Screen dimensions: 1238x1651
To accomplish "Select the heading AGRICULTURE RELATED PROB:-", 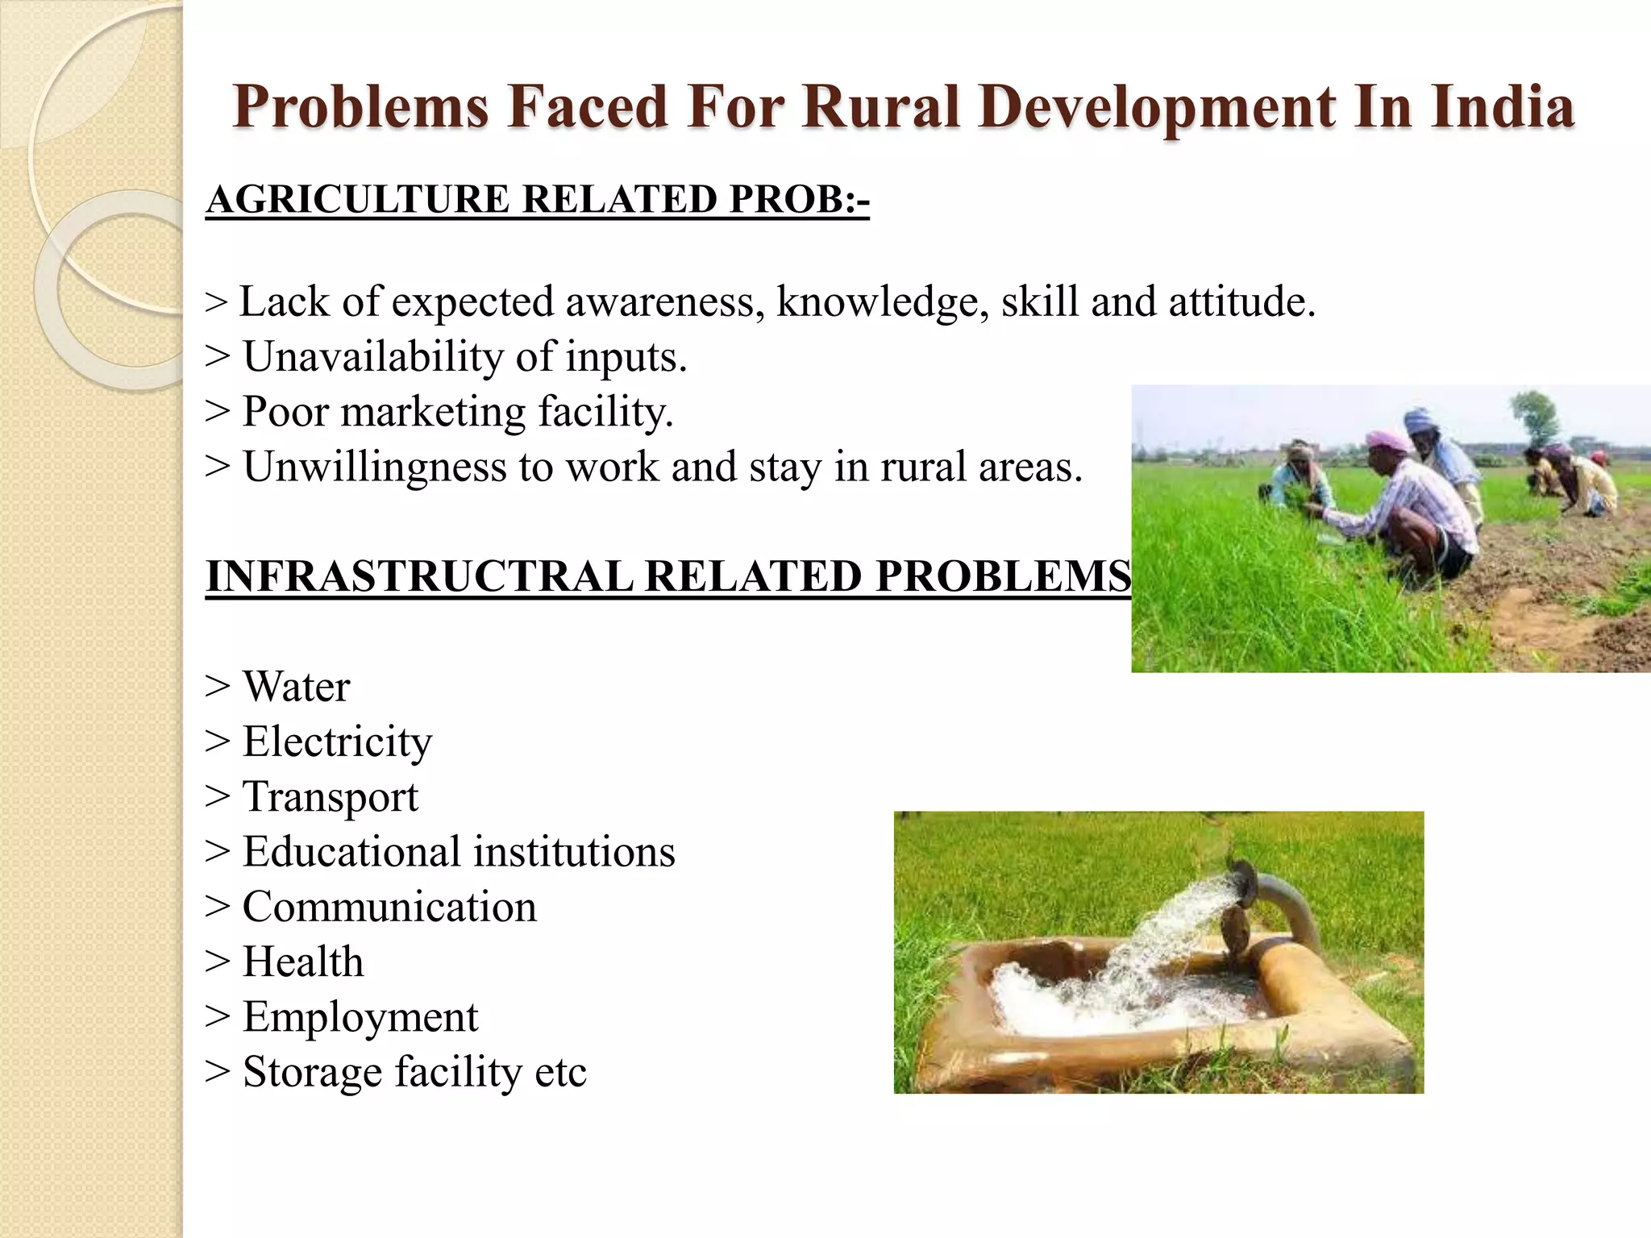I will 538,199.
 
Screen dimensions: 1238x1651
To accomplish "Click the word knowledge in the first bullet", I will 883,302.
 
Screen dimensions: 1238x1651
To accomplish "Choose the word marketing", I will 433,412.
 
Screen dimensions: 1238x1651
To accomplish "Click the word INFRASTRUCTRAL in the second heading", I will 419,576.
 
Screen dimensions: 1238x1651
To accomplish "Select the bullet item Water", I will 296,687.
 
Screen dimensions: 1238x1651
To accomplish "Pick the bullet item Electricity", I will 337,742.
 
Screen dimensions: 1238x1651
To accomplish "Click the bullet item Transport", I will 331,796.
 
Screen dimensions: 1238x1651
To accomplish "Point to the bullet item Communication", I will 389,907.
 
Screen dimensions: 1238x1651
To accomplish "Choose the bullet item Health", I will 303,962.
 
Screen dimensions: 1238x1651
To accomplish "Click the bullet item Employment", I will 360,1016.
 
